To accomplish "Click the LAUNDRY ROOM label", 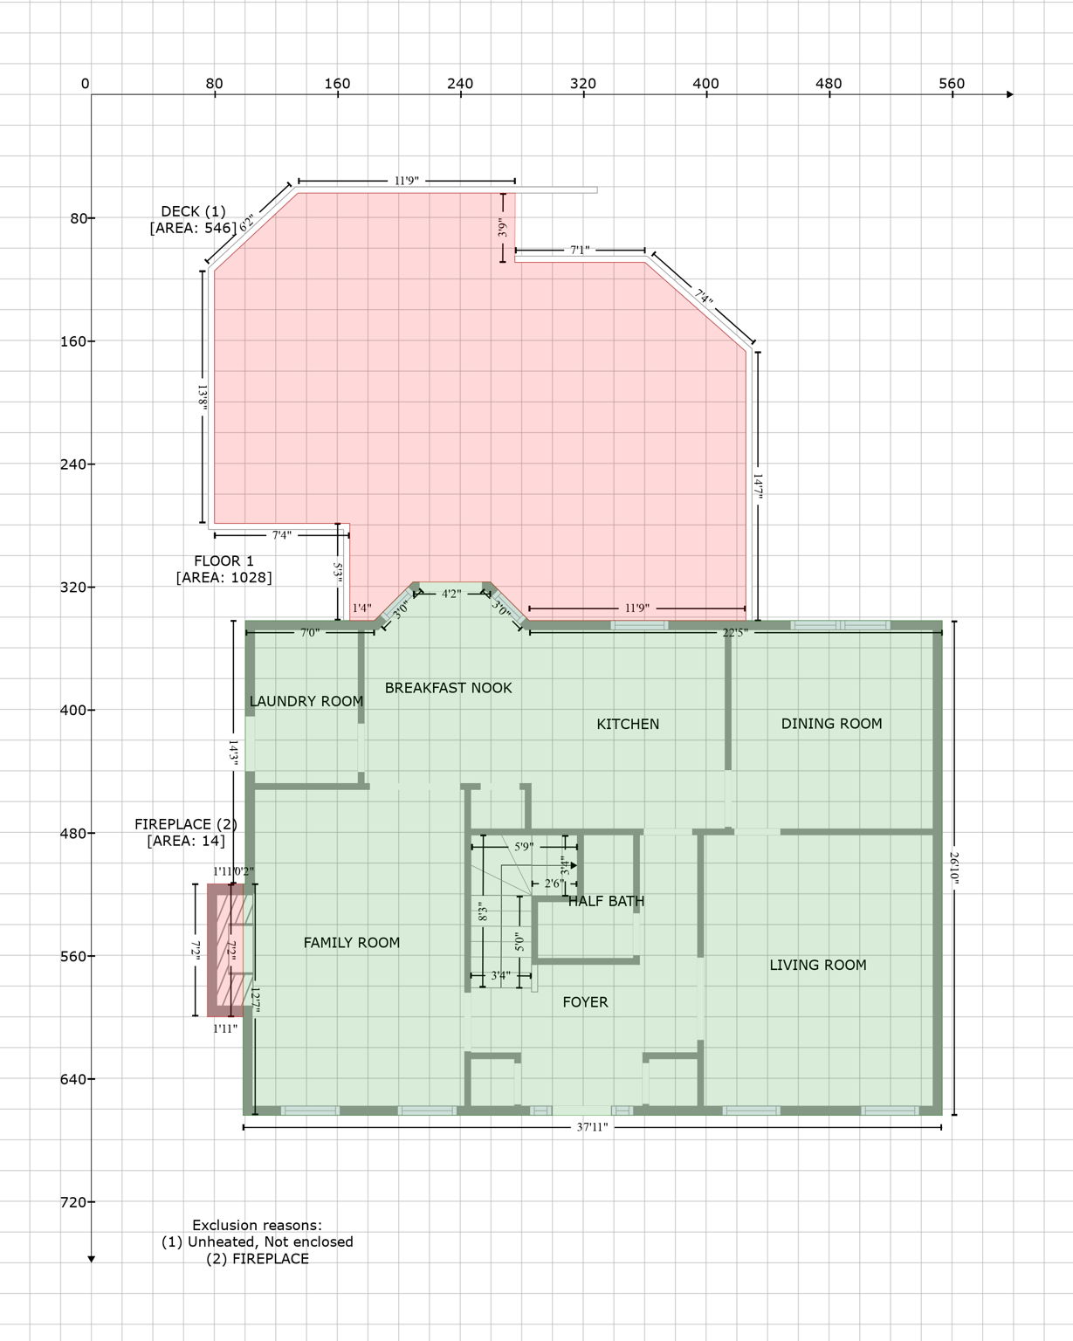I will [x=306, y=701].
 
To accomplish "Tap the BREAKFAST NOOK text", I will [x=448, y=688].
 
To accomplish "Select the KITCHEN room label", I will [x=628, y=724].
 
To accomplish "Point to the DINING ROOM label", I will [x=831, y=723].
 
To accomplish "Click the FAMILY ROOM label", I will [x=352, y=942].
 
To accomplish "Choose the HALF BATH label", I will [x=606, y=901].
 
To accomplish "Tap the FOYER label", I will [x=585, y=1002].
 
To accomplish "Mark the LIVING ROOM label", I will [x=817, y=965].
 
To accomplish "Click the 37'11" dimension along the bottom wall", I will [x=592, y=1127].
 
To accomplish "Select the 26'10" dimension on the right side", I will [x=954, y=869].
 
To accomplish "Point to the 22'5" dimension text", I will [x=735, y=632].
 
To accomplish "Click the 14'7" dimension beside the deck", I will [x=758, y=487].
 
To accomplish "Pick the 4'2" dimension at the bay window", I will [x=451, y=594].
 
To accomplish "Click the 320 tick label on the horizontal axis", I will [x=583, y=84].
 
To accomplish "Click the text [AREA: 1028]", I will [x=224, y=577].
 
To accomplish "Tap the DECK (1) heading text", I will [x=193, y=211].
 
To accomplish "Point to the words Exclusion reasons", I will [x=257, y=1225].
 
